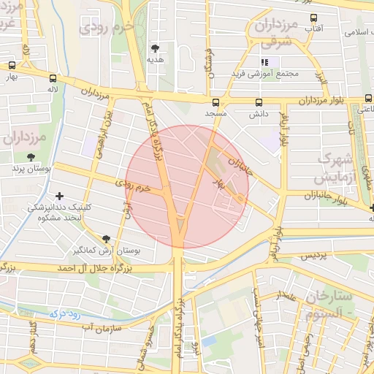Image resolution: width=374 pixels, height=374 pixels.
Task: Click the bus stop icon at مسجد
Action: click(x=215, y=102)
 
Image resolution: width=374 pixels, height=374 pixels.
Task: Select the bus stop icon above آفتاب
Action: click(x=313, y=18)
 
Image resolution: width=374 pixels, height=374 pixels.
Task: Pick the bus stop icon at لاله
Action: click(x=53, y=77)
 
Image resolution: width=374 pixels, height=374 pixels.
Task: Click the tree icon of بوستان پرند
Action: click(x=31, y=156)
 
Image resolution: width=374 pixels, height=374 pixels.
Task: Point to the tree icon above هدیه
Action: click(x=154, y=47)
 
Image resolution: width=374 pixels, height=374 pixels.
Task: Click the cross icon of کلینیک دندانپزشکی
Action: click(x=60, y=196)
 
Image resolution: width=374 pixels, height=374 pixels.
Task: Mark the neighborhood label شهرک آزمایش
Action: click(x=336, y=167)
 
